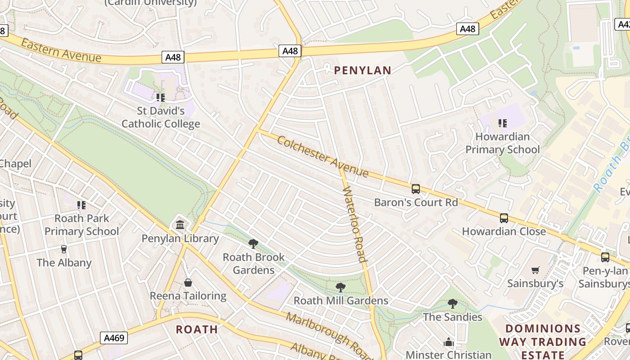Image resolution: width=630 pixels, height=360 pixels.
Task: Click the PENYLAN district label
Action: pyautogui.click(x=363, y=70)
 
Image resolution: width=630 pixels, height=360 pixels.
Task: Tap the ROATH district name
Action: pyautogui.click(x=197, y=329)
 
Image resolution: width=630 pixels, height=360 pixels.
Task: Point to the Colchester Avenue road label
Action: pyautogui.click(x=323, y=157)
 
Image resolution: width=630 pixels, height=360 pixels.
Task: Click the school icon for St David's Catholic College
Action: pyautogui.click(x=161, y=97)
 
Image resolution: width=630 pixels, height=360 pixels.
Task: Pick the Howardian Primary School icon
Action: pyautogui.click(x=503, y=123)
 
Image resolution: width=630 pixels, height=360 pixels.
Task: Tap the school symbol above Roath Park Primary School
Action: pyautogui.click(x=81, y=205)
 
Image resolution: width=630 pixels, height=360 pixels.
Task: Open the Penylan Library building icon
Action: pyautogui.click(x=180, y=225)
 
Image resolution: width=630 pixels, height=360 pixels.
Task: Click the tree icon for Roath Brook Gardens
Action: pyautogui.click(x=253, y=244)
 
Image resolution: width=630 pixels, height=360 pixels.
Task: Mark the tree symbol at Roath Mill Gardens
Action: pyautogui.click(x=341, y=287)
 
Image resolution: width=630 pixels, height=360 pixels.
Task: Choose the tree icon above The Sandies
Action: pyautogui.click(x=453, y=304)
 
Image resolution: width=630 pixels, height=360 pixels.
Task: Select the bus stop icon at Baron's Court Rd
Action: pyautogui.click(x=416, y=189)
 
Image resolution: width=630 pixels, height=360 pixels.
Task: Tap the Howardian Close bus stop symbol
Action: pyautogui.click(x=504, y=218)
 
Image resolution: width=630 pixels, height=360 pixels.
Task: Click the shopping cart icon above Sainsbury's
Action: pyautogui.click(x=535, y=270)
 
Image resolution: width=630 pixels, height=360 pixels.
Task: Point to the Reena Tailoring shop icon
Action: pyautogui.click(x=188, y=283)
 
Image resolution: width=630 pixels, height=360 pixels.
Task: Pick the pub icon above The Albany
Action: pyautogui.click(x=64, y=249)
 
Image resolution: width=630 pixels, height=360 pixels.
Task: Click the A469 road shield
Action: pyautogui.click(x=113, y=338)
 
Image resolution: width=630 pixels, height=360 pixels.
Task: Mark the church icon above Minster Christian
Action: pyautogui.click(x=448, y=342)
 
